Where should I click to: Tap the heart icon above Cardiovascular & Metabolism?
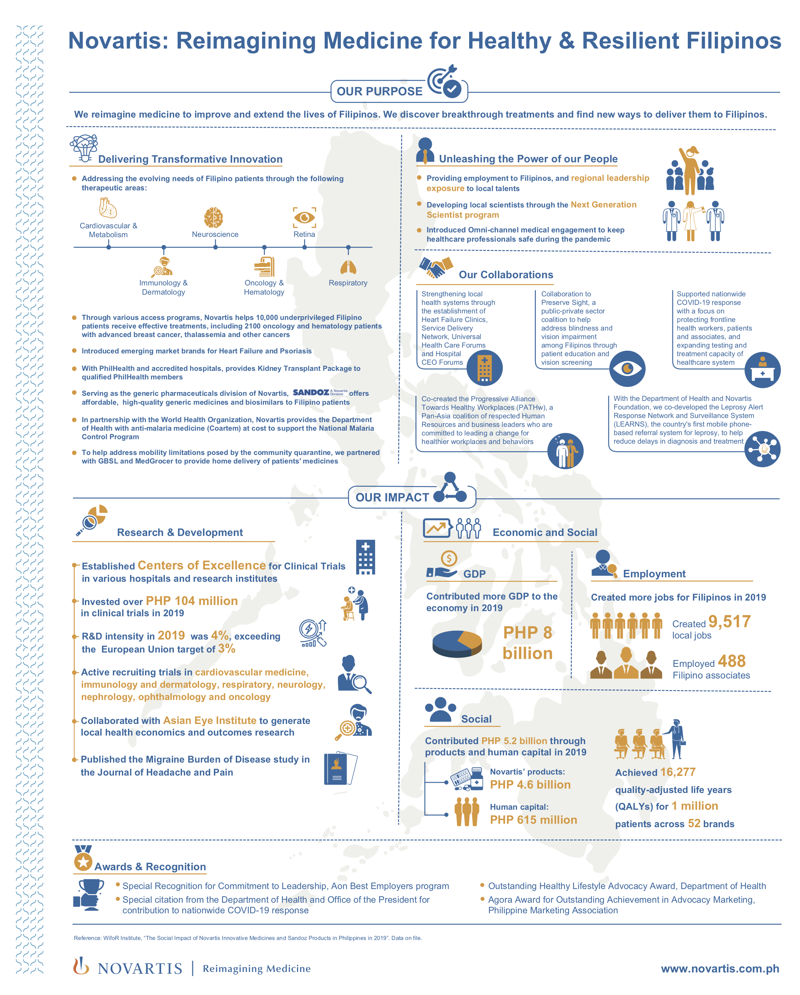(x=108, y=208)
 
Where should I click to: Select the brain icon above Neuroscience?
(x=214, y=217)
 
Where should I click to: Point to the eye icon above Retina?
(x=305, y=217)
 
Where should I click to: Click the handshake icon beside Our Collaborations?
(x=436, y=268)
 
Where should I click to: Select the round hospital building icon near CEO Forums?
(x=484, y=368)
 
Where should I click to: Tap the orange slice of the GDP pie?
(x=470, y=639)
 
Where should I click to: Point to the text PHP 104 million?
(x=192, y=601)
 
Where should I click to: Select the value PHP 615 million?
(x=533, y=820)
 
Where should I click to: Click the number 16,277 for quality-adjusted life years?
(x=678, y=772)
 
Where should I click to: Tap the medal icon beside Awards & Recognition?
(x=83, y=858)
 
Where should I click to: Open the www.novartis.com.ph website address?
(x=720, y=968)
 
